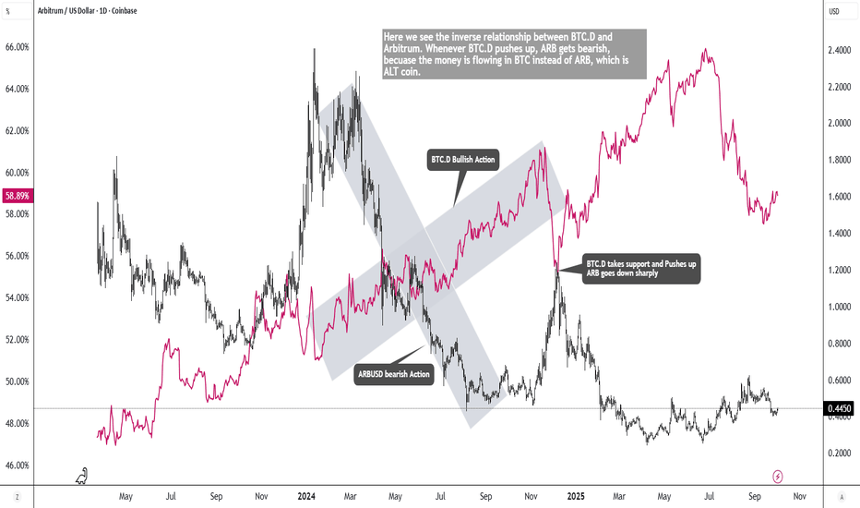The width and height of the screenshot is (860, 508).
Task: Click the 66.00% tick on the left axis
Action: [18, 46]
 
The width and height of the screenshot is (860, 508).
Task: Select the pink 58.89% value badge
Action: [18, 196]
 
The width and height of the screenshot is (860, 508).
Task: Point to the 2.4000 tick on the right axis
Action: [839, 51]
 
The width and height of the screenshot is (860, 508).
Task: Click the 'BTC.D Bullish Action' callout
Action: [463, 161]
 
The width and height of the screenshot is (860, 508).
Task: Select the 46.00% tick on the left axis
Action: [18, 465]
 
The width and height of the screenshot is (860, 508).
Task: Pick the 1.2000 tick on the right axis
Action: [839, 270]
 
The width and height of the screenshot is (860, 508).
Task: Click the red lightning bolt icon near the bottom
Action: [778, 476]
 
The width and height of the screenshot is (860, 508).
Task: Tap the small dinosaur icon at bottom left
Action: [82, 476]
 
